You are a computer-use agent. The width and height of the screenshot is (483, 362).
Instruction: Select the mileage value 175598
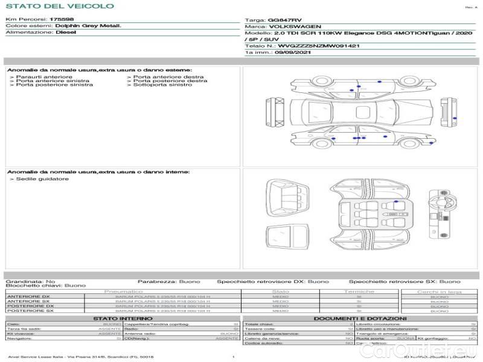point(62,20)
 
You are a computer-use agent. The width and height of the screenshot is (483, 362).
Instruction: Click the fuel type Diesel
point(66,33)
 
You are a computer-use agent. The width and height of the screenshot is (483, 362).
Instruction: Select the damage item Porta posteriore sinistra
point(54,85)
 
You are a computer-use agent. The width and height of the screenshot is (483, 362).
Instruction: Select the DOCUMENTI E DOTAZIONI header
point(360,319)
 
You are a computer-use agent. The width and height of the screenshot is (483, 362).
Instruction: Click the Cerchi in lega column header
point(439,292)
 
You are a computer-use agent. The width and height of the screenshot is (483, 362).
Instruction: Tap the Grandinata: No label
point(30,282)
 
